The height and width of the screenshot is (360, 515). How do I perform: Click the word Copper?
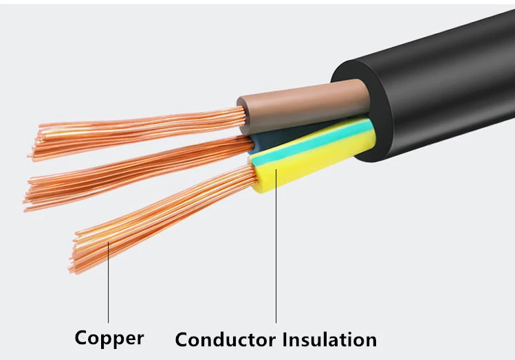[x=109, y=337]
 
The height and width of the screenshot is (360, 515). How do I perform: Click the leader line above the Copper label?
[x=109, y=289]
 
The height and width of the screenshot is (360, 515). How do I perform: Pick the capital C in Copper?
[x=83, y=337]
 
